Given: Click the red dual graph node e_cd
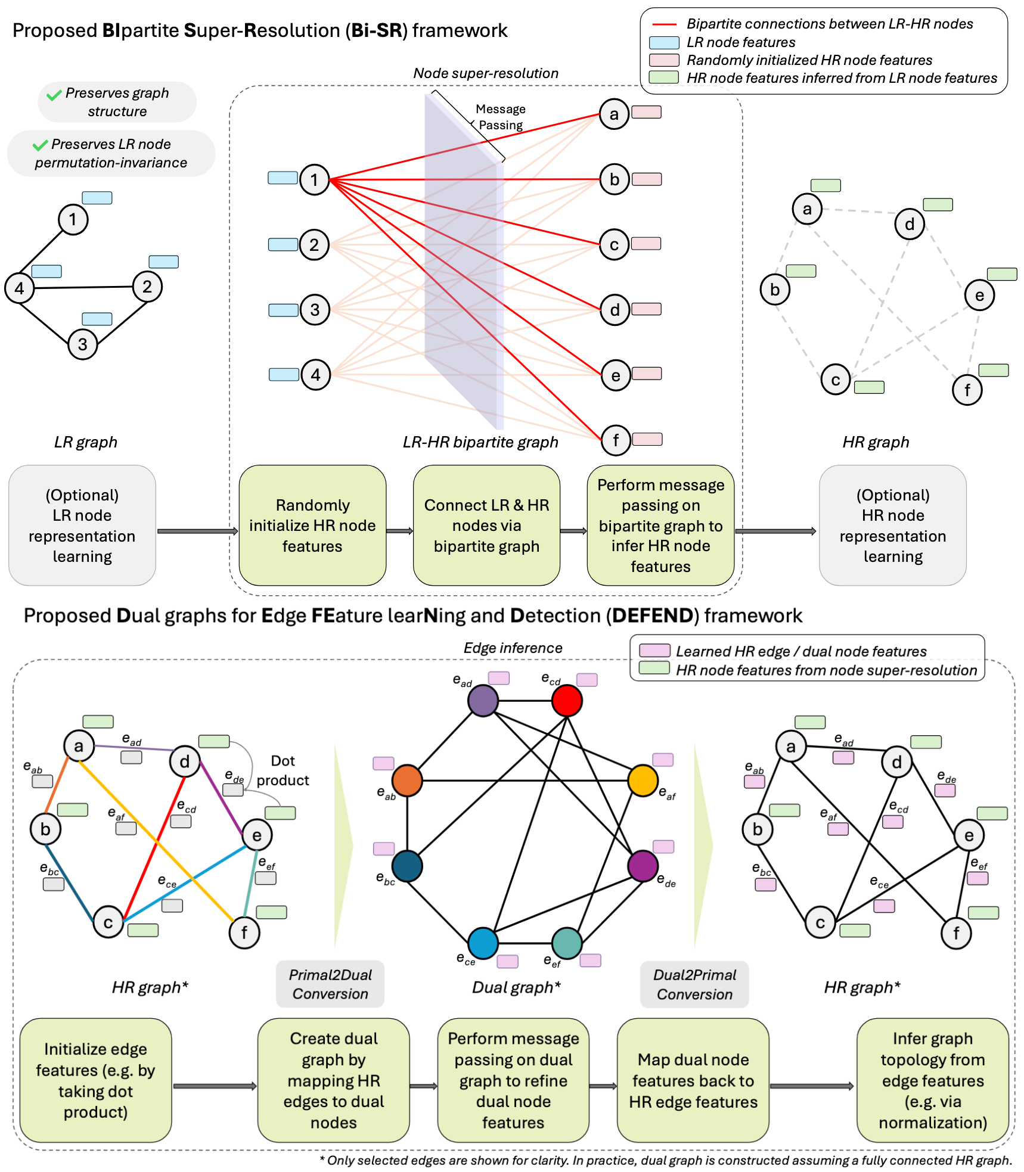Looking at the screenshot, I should (566, 701).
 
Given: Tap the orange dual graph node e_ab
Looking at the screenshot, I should (407, 781).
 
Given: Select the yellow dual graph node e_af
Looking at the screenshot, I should (643, 781).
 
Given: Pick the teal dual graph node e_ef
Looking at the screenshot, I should (567, 943).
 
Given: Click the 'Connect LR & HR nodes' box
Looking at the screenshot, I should (486, 526).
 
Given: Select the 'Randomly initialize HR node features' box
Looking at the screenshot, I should (312, 526).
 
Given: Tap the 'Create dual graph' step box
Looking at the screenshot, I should (333, 1080).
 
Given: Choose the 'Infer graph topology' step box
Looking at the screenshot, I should (932, 1080).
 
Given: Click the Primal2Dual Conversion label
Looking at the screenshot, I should (330, 984).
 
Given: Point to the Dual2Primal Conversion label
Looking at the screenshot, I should (694, 984).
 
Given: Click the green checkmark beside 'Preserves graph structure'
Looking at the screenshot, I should (54, 95).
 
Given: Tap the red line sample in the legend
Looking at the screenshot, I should (664, 24).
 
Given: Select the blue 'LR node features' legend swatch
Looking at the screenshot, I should (664, 43).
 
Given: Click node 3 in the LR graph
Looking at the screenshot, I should (83, 344).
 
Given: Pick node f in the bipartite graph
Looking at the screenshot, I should (615, 440).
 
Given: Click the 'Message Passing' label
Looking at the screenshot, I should (500, 117).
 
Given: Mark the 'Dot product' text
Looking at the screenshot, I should (283, 770).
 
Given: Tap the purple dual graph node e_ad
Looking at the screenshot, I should (483, 701).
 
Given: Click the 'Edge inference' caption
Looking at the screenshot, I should (513, 648).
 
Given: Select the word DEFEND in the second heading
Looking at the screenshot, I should (651, 615).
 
